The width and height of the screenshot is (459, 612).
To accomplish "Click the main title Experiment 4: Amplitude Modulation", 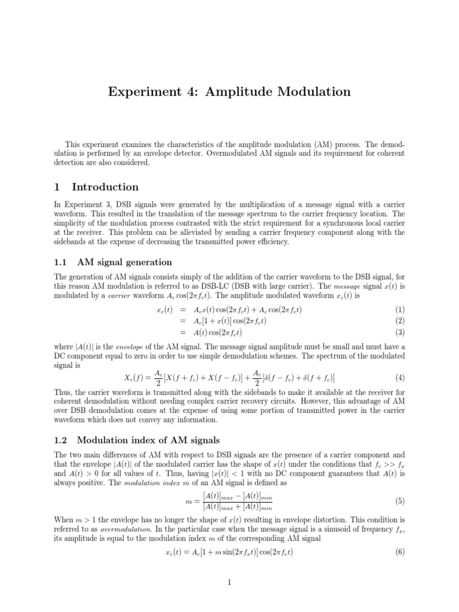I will click(x=229, y=91).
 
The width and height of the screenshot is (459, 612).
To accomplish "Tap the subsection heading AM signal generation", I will click(x=124, y=262).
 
